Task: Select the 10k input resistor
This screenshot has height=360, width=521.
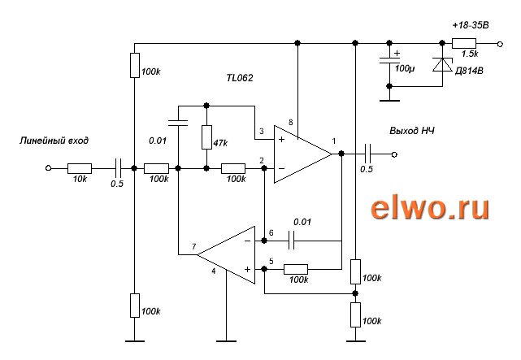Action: (x=79, y=168)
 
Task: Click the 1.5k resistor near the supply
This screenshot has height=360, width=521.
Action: (x=467, y=41)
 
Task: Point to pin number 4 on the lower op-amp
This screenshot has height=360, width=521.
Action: (x=214, y=271)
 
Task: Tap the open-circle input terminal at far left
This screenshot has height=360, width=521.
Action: (x=48, y=168)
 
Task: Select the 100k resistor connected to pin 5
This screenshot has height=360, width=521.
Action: (x=297, y=269)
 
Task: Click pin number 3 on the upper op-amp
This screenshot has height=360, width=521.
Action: (x=261, y=132)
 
